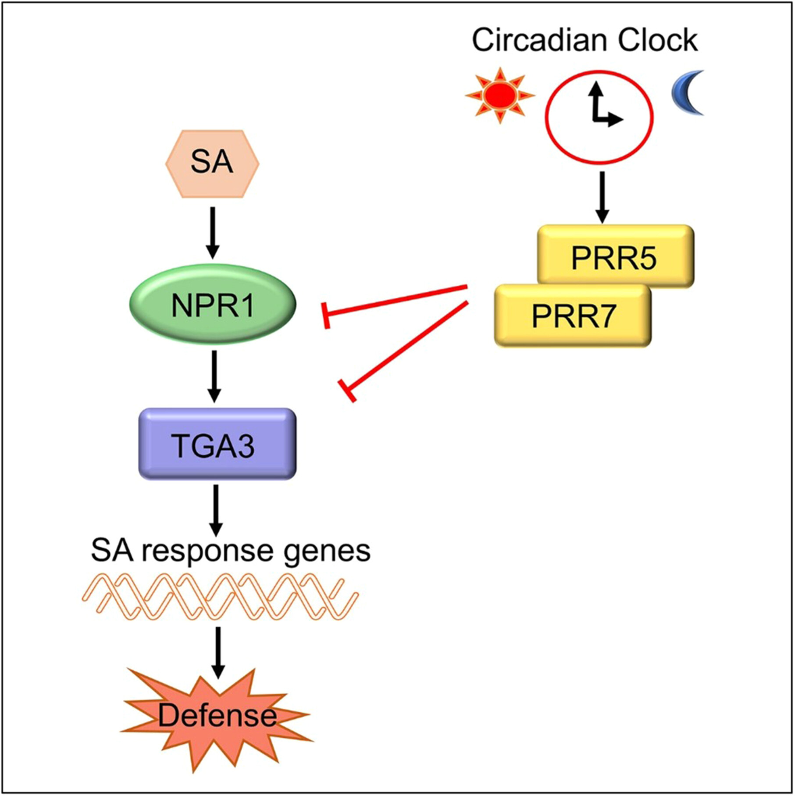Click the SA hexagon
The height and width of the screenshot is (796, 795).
[212, 163]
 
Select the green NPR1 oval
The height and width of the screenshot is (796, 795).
[213, 304]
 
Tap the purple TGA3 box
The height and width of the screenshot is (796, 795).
[217, 444]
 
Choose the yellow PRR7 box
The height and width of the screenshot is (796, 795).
[573, 316]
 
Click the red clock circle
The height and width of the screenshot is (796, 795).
[599, 117]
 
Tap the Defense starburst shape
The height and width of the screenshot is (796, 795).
[217, 716]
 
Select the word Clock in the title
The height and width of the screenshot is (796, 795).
[658, 40]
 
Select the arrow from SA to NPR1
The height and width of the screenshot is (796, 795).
[213, 233]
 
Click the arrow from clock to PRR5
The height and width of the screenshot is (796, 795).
[602, 197]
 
